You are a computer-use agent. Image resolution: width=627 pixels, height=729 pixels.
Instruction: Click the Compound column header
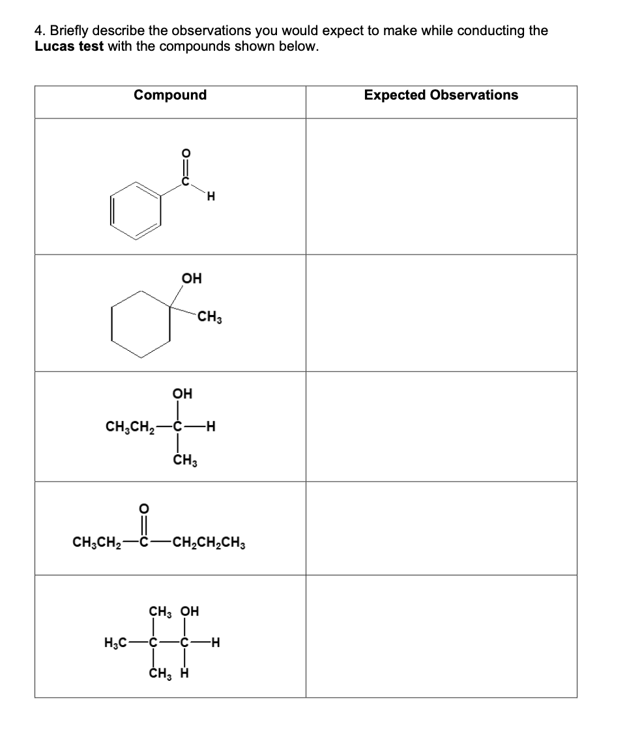pyautogui.click(x=170, y=95)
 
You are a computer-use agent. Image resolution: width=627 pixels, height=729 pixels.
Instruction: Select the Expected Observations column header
pyautogui.click(x=441, y=95)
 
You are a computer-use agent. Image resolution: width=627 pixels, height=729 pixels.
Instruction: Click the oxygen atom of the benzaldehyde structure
pyautogui.click(x=184, y=154)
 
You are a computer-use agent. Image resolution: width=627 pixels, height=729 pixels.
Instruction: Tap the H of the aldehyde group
pyautogui.click(x=209, y=199)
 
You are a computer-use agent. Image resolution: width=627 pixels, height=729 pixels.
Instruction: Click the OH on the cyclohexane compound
pyautogui.click(x=192, y=279)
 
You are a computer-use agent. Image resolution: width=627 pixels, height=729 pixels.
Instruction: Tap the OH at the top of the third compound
pyautogui.click(x=182, y=394)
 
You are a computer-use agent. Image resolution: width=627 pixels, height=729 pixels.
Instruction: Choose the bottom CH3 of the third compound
pyautogui.click(x=186, y=462)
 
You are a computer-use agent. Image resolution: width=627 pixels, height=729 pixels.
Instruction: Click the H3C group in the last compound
pyautogui.click(x=116, y=644)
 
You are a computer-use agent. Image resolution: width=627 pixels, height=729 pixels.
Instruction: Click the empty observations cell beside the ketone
pyautogui.click(x=441, y=529)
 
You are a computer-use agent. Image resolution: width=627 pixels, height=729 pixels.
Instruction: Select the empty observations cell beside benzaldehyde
pyautogui.click(x=441, y=186)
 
